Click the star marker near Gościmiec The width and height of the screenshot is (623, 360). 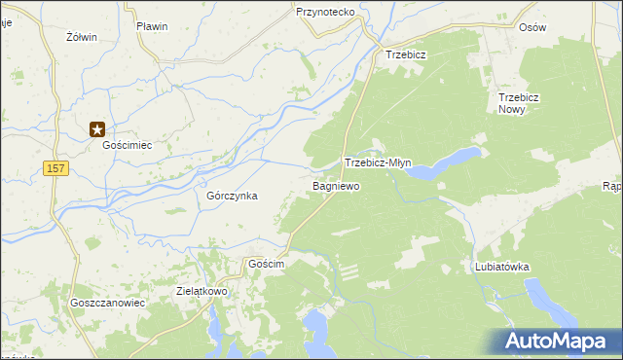[97, 127]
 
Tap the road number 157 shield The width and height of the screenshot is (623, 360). [55, 169]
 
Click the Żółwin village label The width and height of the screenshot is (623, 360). [81, 37]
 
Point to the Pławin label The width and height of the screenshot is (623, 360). [152, 26]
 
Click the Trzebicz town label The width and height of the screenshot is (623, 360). [406, 55]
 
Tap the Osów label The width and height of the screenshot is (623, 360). [532, 27]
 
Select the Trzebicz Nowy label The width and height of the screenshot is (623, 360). [518, 104]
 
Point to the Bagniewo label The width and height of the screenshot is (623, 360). [336, 185]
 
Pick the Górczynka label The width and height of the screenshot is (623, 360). [232, 196]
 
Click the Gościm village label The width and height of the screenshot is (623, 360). [266, 265]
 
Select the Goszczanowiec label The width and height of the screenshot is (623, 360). [107, 303]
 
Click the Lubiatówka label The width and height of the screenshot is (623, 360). [501, 266]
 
